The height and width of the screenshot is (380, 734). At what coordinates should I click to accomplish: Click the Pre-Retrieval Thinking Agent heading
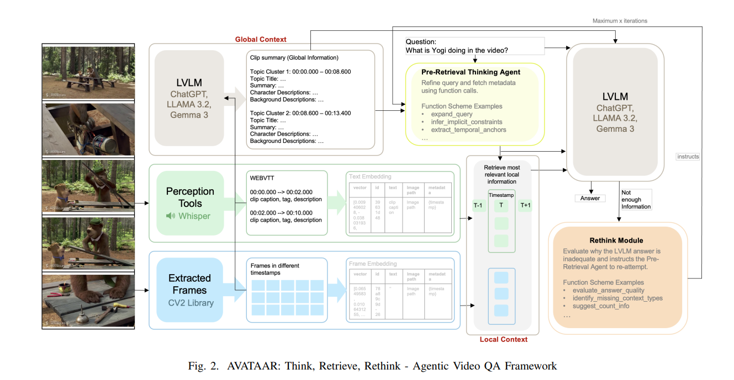coord(471,72)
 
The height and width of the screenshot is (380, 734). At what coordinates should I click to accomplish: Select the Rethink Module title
coord(616,240)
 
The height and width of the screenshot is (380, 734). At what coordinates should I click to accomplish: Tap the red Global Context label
coord(261,39)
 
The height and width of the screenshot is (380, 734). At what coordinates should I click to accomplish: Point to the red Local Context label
coord(503,339)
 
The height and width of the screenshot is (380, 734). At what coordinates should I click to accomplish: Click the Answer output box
coord(590,198)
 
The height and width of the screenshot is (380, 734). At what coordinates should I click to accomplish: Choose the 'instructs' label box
coord(688,157)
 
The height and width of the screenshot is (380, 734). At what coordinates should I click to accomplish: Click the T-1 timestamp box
coord(478,205)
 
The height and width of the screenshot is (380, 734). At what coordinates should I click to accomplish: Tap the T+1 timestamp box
coord(525,205)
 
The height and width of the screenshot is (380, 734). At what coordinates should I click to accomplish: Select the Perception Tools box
coord(190,204)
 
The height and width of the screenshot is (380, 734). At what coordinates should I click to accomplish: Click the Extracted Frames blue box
coord(190,290)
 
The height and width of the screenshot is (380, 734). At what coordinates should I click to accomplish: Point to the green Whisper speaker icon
coord(171,216)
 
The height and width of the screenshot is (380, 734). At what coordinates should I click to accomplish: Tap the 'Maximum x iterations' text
coord(620,21)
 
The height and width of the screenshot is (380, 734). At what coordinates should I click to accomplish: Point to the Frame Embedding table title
coord(373,264)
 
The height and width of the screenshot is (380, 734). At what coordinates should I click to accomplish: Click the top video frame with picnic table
coord(88,72)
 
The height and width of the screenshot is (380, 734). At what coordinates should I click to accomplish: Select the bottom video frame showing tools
coord(88,301)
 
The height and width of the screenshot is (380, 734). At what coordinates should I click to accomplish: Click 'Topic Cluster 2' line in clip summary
coord(300,113)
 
